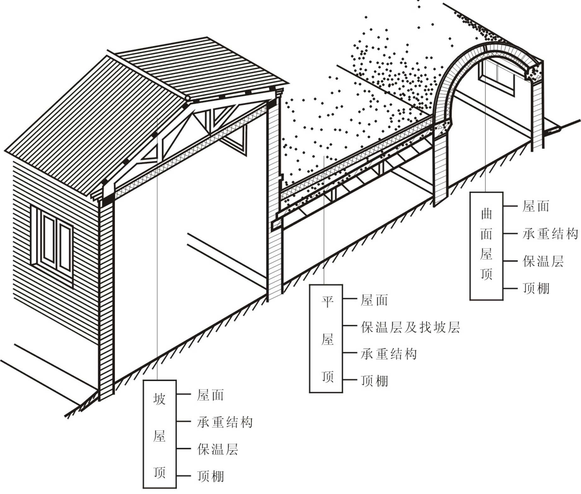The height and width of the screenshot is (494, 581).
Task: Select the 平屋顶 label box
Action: pyautogui.click(x=326, y=339)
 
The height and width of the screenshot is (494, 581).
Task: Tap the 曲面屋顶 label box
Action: pyautogui.click(x=486, y=246)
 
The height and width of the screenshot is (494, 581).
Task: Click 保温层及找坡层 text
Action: pyautogui.click(x=410, y=328)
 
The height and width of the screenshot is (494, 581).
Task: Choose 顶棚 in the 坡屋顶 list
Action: pyautogui.click(x=210, y=476)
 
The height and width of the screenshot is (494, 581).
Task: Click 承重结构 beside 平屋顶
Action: pyautogui.click(x=389, y=354)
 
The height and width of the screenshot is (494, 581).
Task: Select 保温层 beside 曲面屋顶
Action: pyautogui.click(x=543, y=261)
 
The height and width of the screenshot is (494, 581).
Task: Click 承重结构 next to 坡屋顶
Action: pyautogui.click(x=225, y=422)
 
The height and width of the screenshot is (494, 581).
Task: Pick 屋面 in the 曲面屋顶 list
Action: pyautogui.click(x=536, y=206)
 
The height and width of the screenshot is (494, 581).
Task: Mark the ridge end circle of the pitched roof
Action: pyautogui.click(x=188, y=98)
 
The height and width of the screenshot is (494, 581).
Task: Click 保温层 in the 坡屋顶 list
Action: pyautogui.click(x=218, y=449)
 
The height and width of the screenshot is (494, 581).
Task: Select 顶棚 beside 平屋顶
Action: pyautogui.click(x=374, y=381)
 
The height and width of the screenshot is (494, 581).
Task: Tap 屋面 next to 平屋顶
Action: pyautogui.click(x=374, y=301)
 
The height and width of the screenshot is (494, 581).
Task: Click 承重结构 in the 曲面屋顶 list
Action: pyautogui.click(x=550, y=234)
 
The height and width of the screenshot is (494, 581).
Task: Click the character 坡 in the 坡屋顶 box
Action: pyautogui.click(x=159, y=399)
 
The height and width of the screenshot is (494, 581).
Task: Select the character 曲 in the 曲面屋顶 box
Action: pyautogui.click(x=486, y=214)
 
